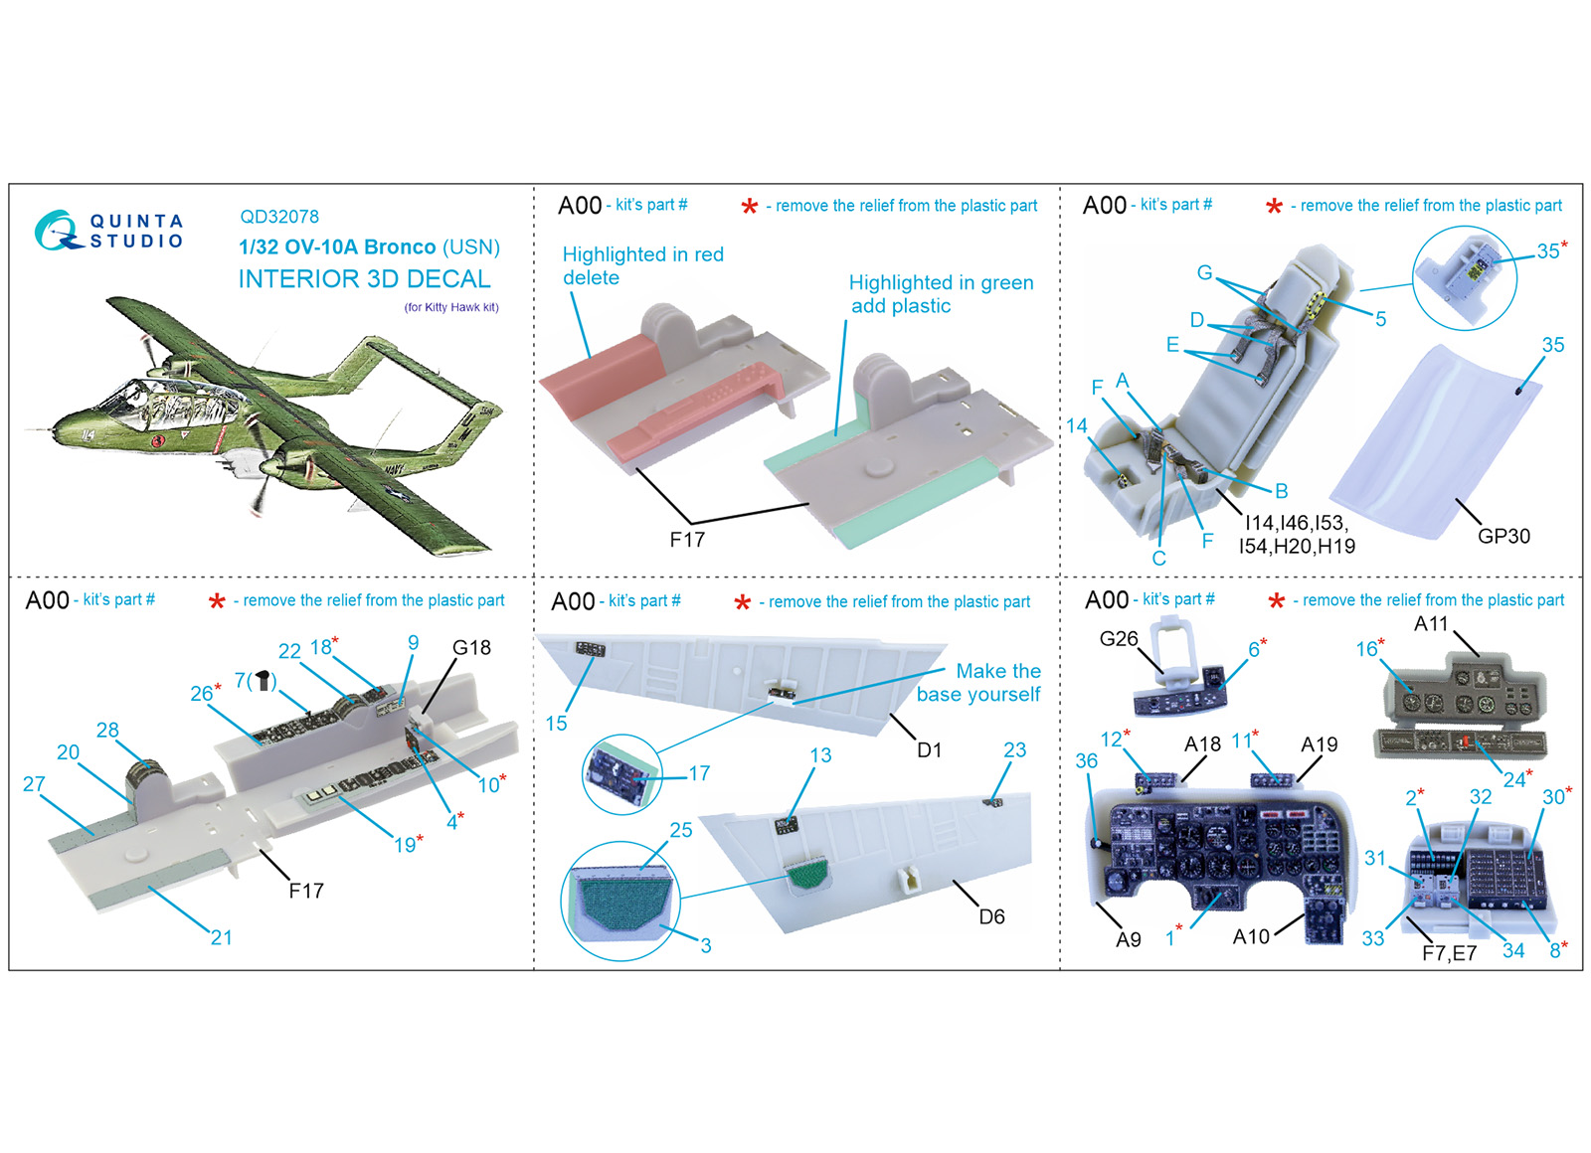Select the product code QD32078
pos(279,217)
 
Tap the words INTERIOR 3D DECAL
pos(364,279)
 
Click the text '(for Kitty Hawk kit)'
pos(451,307)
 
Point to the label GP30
pos(1503,536)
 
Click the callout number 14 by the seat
pos(1076,426)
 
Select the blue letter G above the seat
pos(1204,272)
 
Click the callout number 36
pos(1086,761)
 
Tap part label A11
pos(1431,624)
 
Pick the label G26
pos(1118,639)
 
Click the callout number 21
pos(222,938)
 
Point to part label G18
pos(471,647)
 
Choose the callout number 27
pos(34,784)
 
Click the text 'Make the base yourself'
pos(978,682)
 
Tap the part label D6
pos(991,917)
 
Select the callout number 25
pos(680,830)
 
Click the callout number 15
pos(556,724)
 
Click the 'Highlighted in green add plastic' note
pos(941,294)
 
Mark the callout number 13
pos(820,755)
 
